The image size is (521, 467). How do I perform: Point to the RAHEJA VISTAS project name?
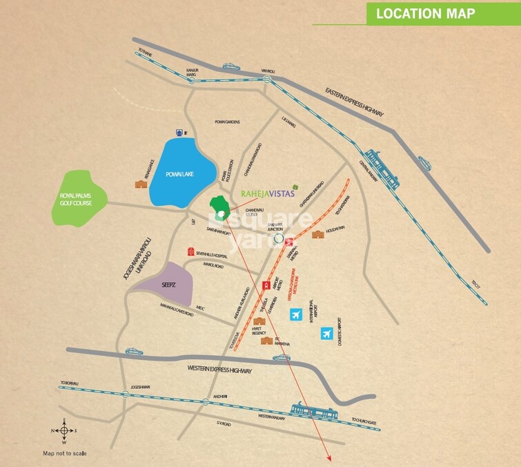(268, 194)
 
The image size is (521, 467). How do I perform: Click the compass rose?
(63, 430)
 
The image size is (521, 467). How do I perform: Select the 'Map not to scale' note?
(65, 453)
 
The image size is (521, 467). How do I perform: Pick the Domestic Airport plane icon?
(327, 335)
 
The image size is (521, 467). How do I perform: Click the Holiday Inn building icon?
(318, 235)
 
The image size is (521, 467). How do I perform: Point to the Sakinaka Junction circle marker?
(279, 238)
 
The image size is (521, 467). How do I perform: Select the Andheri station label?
(221, 396)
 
